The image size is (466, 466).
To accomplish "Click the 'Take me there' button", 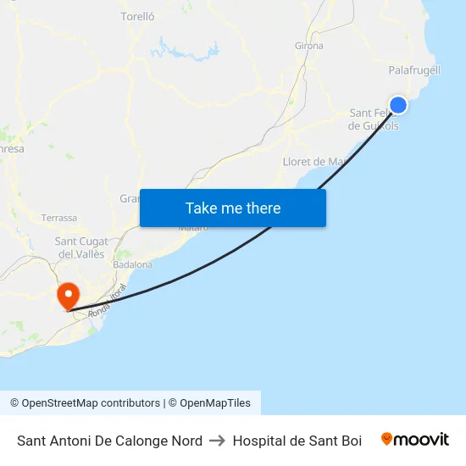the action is (x=233, y=208).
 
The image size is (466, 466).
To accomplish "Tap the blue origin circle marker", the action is (x=397, y=104).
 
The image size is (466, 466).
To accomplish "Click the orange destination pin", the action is (x=68, y=296).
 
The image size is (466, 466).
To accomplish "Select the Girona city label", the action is (x=308, y=46).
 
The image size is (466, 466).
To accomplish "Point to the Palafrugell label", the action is (x=414, y=69).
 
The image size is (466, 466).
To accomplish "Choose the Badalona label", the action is (x=133, y=264).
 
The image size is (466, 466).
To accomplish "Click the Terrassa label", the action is (x=59, y=218).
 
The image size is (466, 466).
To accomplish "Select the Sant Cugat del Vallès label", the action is (x=80, y=247).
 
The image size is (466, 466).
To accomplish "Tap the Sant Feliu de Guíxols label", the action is (x=373, y=119).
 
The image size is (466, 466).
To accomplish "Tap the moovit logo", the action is (x=415, y=439).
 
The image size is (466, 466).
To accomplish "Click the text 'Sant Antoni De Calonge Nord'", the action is (x=109, y=441).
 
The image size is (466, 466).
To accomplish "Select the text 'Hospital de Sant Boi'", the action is (x=297, y=441).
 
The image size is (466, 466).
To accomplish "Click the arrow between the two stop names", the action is (x=217, y=441).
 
